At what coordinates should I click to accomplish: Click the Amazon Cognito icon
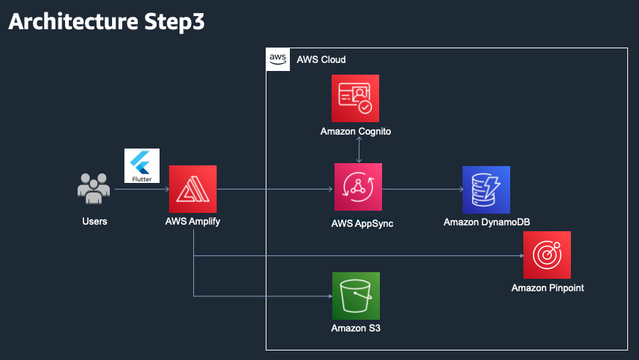355,98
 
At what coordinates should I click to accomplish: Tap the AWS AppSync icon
358,187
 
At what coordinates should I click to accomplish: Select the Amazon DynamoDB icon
486,190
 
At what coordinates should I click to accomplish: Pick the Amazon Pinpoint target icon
547,255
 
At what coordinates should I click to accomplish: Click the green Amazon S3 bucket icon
356,296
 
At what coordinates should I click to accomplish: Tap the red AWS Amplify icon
193,189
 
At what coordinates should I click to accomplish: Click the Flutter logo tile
142,166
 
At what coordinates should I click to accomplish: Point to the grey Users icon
94,189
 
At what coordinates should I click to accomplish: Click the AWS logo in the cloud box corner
278,59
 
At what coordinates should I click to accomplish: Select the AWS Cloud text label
321,59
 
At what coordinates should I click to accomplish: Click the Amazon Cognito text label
355,132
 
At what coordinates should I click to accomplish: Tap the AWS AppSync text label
362,223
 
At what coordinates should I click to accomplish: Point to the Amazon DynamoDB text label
487,222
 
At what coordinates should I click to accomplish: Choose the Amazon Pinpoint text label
548,288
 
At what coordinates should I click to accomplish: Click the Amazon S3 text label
356,329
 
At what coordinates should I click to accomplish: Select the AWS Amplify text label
193,222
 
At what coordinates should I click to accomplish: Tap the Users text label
94,221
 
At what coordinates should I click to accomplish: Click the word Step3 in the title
174,21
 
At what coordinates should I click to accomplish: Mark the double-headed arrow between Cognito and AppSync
359,150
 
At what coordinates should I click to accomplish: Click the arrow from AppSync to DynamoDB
422,189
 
